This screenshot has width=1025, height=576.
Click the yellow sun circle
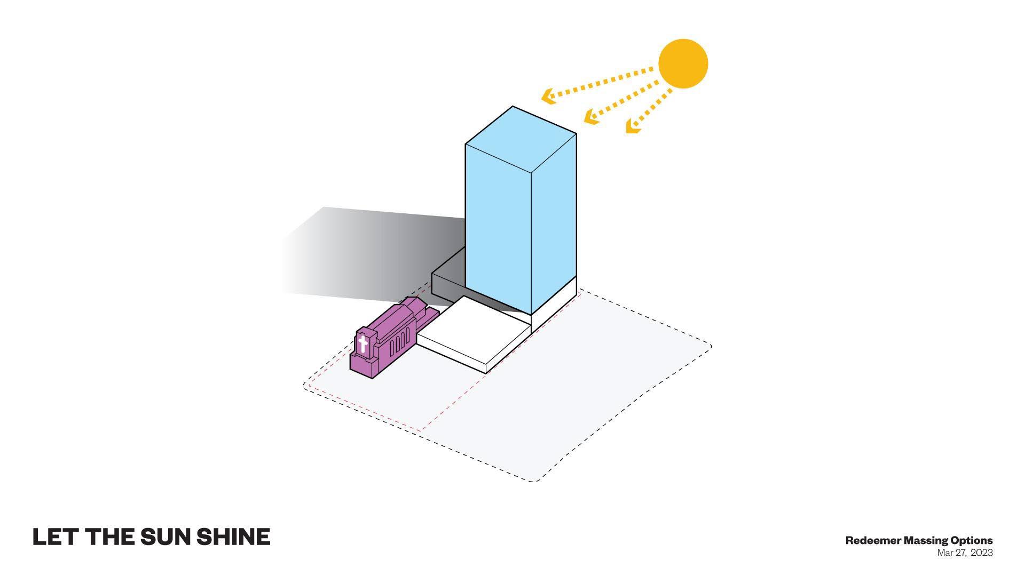(x=683, y=63)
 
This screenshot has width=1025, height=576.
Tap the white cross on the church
(x=363, y=343)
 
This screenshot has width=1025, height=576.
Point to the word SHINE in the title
(x=233, y=537)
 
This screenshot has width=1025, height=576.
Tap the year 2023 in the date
(x=982, y=553)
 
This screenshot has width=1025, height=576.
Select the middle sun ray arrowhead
(x=591, y=117)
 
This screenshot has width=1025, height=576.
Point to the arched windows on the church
(x=400, y=341)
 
